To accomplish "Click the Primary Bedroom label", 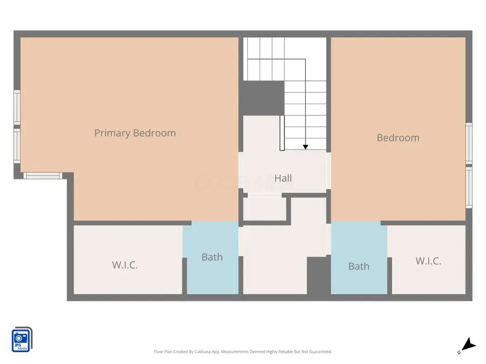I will (x=135, y=133).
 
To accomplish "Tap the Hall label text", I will (x=283, y=178).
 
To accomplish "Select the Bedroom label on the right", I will (x=398, y=138).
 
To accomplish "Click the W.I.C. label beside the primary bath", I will (x=125, y=265).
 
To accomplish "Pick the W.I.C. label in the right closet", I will (x=428, y=261).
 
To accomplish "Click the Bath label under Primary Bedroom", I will (x=212, y=257).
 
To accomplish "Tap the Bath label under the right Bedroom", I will (x=359, y=266).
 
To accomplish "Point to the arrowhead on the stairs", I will (x=305, y=147).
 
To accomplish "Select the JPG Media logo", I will (x=22, y=340).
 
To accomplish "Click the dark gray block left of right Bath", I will (x=318, y=275).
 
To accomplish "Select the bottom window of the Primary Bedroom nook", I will (x=43, y=175).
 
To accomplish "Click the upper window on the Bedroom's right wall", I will (x=469, y=142).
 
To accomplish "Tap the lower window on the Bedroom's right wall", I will (x=469, y=187).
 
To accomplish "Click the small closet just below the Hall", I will (x=264, y=209).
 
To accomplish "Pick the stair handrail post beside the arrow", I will (x=282, y=133).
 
